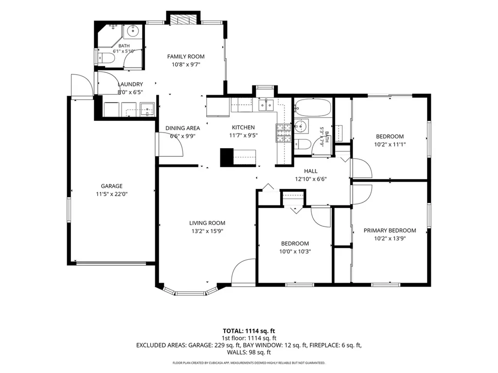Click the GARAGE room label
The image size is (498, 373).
(x=111, y=186)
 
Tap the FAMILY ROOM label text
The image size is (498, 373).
(x=186, y=56)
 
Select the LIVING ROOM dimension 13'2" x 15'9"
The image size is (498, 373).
(x=207, y=231)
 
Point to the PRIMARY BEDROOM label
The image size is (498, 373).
(x=390, y=231)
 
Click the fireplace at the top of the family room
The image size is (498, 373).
(x=183, y=19)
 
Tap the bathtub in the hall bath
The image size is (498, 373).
(x=313, y=107)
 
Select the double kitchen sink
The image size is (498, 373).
(x=266, y=105)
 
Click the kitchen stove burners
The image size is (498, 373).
(x=284, y=133)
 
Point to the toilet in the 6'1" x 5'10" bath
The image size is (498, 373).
(x=106, y=58)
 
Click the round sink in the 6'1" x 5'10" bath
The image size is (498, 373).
(x=133, y=31)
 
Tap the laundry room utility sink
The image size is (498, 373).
(x=147, y=109)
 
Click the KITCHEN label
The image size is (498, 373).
(x=243, y=128)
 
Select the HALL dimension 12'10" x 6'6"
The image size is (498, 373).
(x=311, y=179)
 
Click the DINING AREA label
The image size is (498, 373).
(x=183, y=128)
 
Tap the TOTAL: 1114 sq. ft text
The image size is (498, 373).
(x=249, y=331)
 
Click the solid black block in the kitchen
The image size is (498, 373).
(x=227, y=157)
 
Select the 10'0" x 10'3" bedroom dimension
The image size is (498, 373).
(x=295, y=252)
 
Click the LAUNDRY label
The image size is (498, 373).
(x=130, y=85)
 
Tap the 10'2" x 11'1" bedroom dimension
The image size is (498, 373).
(x=390, y=145)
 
